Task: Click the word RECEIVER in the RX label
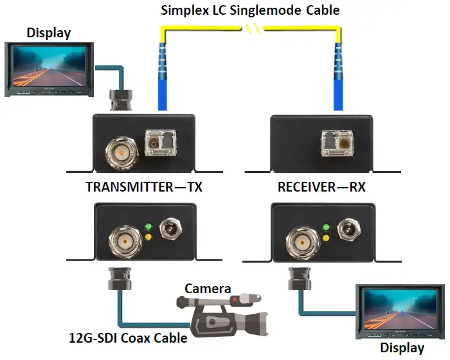click(305, 188)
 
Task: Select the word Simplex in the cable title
click(181, 10)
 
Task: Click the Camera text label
click(208, 288)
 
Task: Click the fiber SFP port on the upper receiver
click(337, 141)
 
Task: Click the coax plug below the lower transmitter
click(120, 278)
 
